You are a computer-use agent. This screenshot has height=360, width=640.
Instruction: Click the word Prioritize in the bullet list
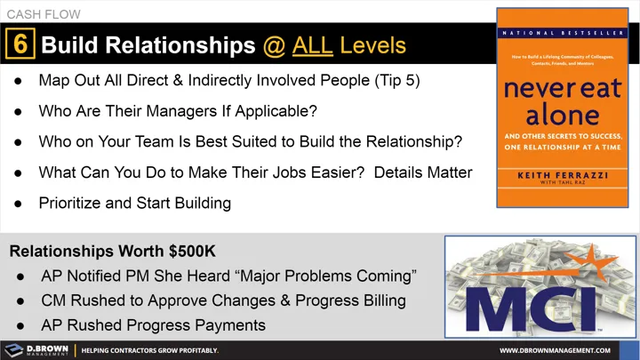pos(74,203)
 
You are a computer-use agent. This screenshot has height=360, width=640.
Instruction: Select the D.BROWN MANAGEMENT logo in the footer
pos(36,350)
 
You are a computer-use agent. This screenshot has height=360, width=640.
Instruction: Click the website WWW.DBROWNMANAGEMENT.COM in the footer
pos(559,350)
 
